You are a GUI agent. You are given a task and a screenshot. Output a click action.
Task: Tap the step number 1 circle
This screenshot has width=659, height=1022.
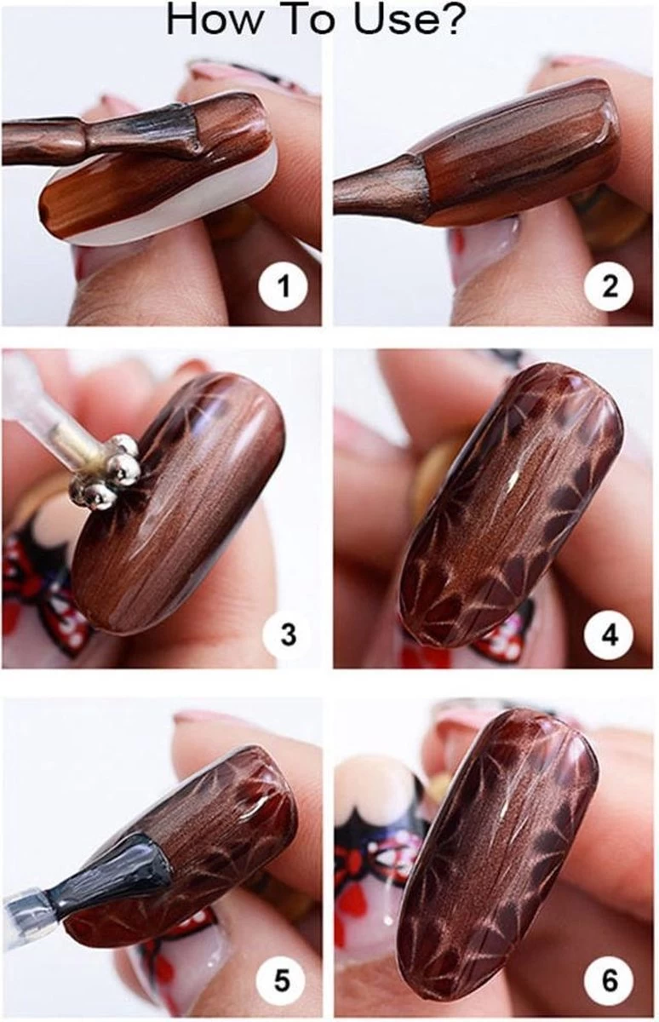[x=283, y=287]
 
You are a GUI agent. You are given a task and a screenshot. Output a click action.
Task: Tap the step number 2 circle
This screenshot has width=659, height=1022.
[x=609, y=287]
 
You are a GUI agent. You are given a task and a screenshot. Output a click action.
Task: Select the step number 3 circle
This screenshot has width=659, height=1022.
[x=287, y=634]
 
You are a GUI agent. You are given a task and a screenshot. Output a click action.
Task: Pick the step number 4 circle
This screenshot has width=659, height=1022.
[x=610, y=634]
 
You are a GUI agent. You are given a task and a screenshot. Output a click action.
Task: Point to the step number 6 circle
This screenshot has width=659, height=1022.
[x=610, y=979]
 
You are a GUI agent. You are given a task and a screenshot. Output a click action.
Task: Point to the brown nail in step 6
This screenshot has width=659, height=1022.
[x=504, y=853]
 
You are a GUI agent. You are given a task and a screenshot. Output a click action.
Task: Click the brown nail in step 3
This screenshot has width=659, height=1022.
[x=181, y=504]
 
